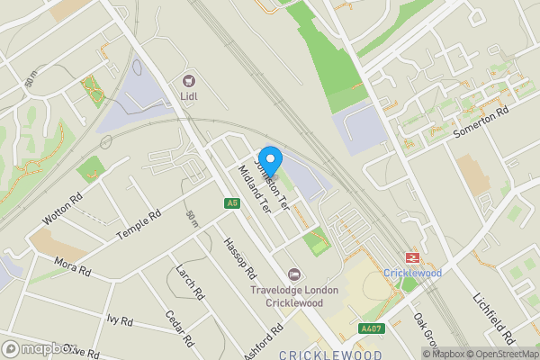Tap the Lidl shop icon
tap(189, 80)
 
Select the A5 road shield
tap(231, 203)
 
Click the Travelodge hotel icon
tap(292, 274)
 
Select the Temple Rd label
tap(138, 225)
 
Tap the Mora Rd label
tap(72, 267)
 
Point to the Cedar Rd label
tap(180, 328)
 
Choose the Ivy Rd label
tap(119, 319)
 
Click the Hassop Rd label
tap(239, 261)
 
